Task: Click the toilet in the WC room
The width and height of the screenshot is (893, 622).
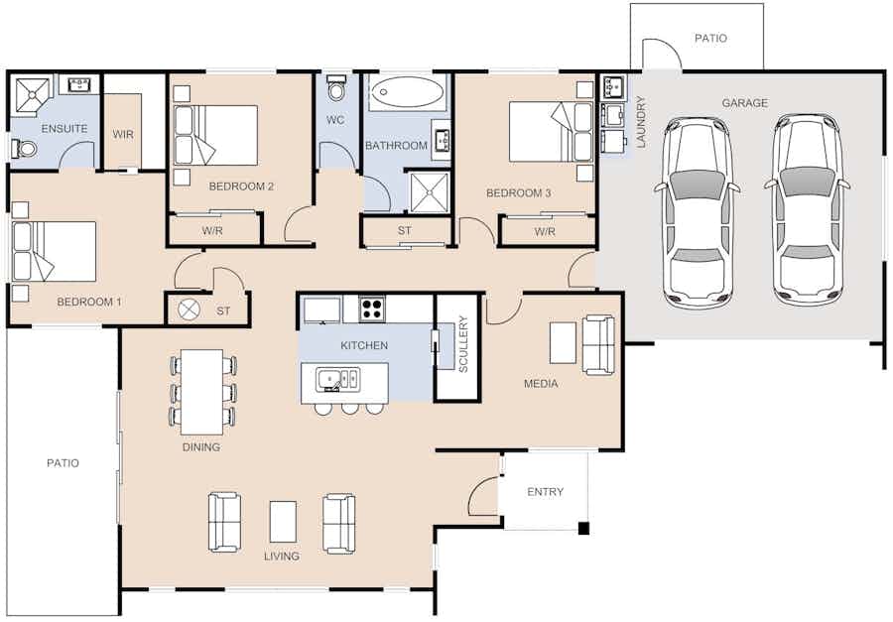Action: pos(337,86)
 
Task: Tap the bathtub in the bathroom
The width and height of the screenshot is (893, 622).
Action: pos(407,91)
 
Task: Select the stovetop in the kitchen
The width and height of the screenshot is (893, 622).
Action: pos(372,309)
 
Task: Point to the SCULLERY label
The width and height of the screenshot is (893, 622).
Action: pos(463,344)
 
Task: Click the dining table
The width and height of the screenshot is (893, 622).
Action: pos(201,392)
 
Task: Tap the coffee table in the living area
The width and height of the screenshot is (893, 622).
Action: pos(283,521)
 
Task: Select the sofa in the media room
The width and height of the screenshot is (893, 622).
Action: pos(598,344)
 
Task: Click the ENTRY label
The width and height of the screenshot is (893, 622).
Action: pos(545,492)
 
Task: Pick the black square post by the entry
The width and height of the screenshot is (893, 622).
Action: pos(583,528)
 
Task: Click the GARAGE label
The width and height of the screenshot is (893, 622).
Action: pos(744,103)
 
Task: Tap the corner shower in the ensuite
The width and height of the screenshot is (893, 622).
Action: pos(32,95)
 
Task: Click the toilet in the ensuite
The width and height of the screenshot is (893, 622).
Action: pos(24,149)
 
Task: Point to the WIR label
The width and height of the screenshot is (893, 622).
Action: pos(123,135)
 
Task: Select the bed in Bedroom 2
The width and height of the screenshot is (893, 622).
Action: pos(215,136)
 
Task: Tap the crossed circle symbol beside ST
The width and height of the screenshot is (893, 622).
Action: pos(190,310)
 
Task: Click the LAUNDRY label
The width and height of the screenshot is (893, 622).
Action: pos(641,122)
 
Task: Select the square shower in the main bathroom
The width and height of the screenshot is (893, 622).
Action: pos(430,192)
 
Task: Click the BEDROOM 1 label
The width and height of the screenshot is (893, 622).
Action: pos(89,302)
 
